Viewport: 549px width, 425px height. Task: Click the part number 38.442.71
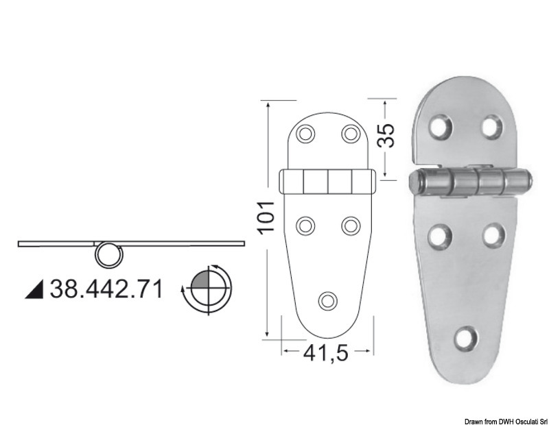[106, 289]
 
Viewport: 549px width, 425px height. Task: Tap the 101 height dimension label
[268, 217]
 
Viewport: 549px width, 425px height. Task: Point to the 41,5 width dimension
[327, 353]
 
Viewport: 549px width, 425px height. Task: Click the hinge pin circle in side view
[108, 254]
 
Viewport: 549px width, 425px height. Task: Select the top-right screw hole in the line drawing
[351, 133]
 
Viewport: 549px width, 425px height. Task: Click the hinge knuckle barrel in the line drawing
[328, 182]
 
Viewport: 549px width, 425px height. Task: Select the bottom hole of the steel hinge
[467, 338]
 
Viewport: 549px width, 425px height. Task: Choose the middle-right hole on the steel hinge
[493, 235]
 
